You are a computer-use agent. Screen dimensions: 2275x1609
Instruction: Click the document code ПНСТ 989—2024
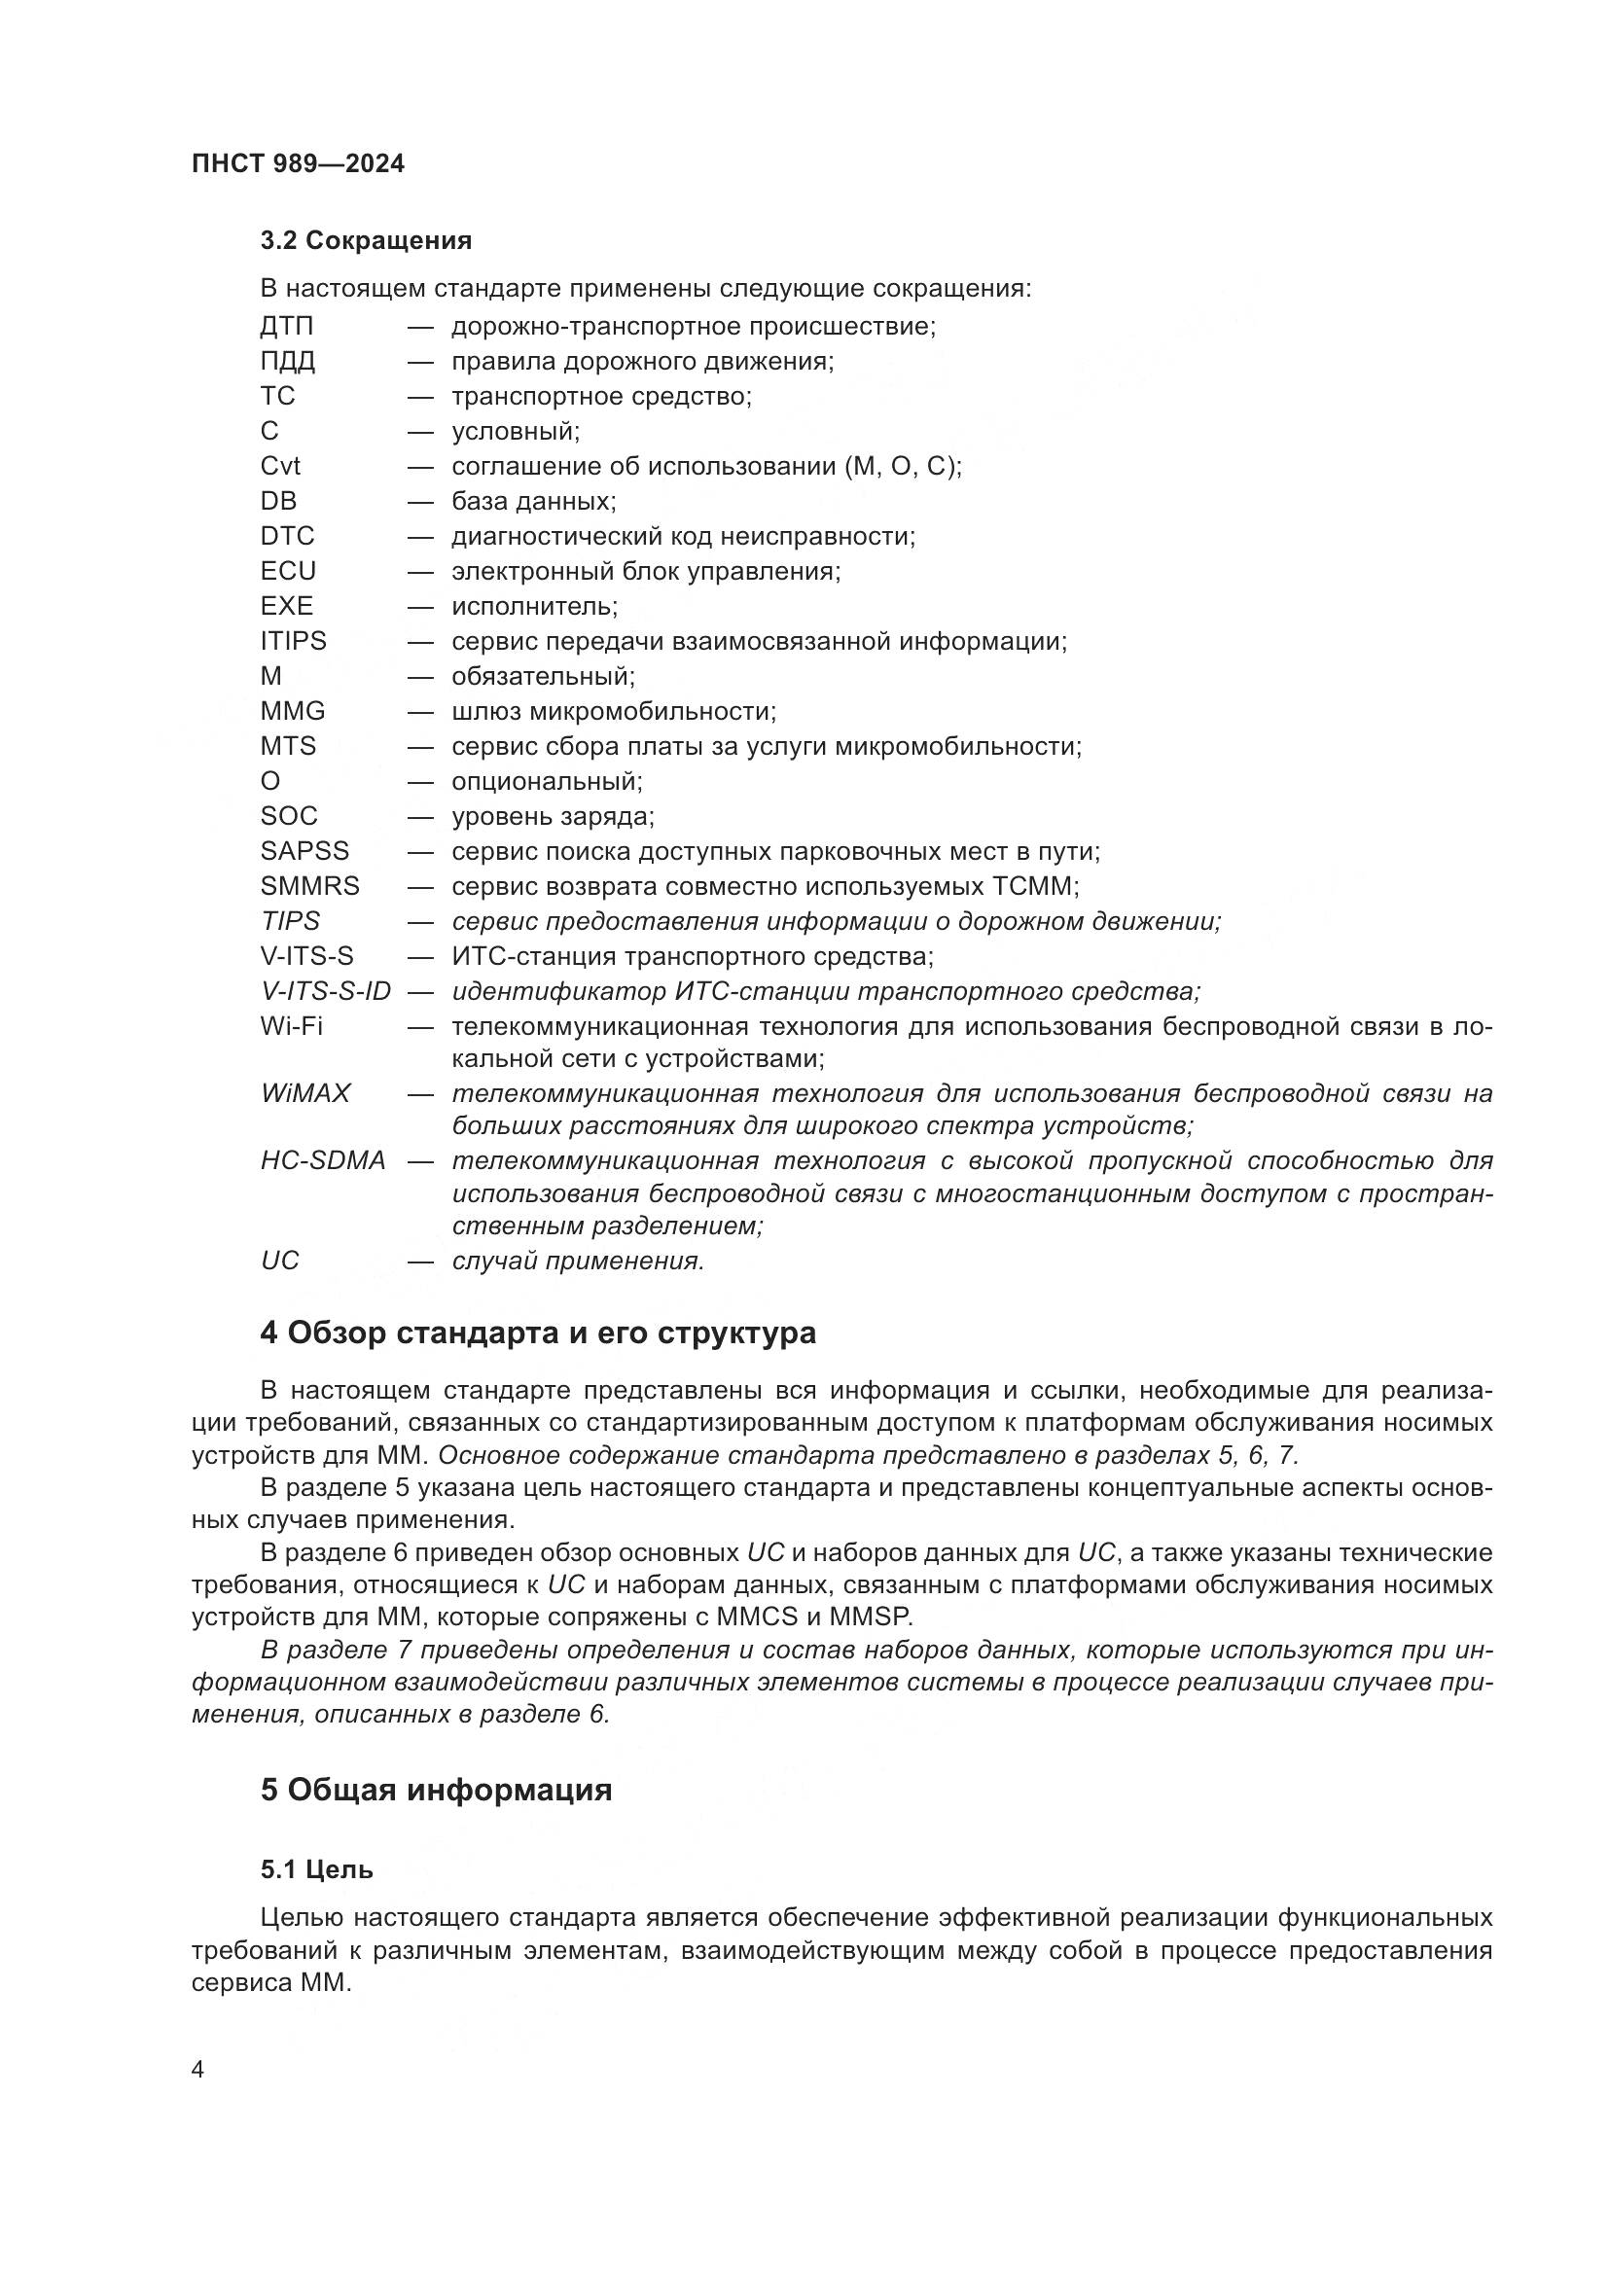tap(299, 164)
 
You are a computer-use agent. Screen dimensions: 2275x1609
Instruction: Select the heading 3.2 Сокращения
tap(366, 241)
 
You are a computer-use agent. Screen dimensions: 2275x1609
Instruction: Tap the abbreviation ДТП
tap(286, 326)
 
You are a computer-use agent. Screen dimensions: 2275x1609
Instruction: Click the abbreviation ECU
tap(288, 571)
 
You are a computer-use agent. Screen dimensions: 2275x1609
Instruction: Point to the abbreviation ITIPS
tap(293, 641)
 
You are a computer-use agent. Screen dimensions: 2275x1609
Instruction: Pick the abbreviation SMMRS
tap(310, 886)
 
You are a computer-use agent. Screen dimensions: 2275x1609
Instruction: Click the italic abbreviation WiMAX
tap(305, 1094)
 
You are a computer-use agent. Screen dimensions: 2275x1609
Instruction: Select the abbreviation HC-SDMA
tap(323, 1160)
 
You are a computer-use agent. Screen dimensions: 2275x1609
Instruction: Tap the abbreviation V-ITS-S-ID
tap(326, 991)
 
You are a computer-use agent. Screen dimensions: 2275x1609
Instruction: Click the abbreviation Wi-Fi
tap(291, 1025)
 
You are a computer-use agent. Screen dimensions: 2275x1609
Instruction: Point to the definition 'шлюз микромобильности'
tap(613, 711)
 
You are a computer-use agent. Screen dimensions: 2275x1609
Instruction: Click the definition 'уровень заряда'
tap(552, 816)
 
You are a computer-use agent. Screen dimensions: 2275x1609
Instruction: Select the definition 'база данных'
tap(533, 501)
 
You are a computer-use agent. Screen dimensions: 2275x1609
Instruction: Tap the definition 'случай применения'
tap(578, 1262)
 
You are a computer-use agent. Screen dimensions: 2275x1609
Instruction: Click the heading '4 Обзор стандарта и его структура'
tap(538, 1333)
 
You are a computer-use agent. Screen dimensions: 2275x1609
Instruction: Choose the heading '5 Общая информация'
tap(436, 1791)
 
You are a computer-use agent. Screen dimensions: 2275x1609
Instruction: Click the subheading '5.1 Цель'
tap(317, 1869)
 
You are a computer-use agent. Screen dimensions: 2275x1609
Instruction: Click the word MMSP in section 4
tap(872, 1617)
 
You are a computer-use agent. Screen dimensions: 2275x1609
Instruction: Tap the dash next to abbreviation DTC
tap(420, 537)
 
